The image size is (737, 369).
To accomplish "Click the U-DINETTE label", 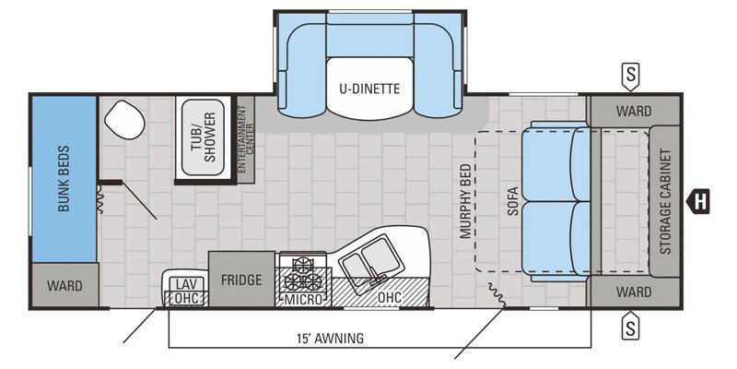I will (x=368, y=89).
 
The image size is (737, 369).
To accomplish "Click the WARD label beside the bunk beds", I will (x=64, y=286).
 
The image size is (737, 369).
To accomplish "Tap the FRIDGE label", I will (x=241, y=280).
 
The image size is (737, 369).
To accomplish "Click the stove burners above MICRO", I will (x=303, y=274).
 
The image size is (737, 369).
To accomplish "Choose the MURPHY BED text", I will (x=464, y=201).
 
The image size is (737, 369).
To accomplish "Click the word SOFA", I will (x=513, y=201).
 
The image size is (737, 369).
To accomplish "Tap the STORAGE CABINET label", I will (x=665, y=201).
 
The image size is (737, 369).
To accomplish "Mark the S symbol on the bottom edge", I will (x=631, y=325).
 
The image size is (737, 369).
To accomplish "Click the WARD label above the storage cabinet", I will (x=633, y=112).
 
